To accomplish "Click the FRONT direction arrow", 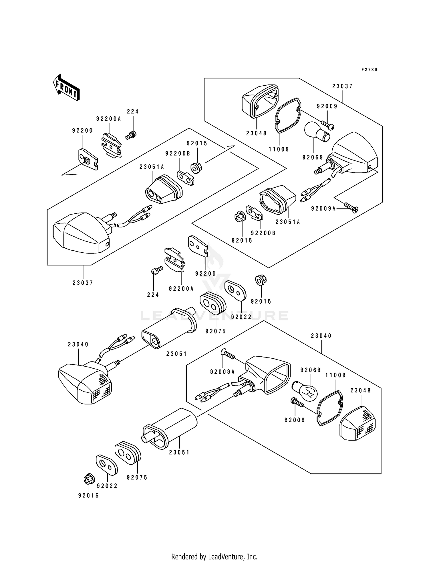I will coord(66,87).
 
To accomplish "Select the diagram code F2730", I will coord(369,70).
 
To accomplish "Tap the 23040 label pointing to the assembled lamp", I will coord(78,345).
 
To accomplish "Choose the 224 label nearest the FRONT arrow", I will coord(133,111).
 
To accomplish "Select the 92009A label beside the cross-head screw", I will coord(323,209).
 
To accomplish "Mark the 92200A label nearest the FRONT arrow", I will coord(109,119).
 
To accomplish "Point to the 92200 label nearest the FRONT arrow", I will coord(82,131).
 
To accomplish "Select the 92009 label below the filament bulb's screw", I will coord(295,420).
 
